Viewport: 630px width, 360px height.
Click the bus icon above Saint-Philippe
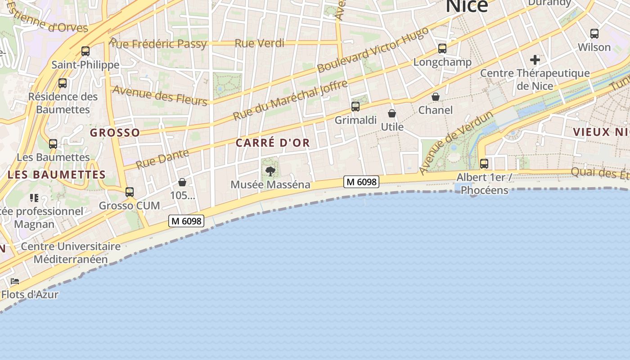tap(85, 51)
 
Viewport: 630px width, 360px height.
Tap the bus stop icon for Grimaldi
tap(355, 107)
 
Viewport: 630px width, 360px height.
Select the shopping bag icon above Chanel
tap(436, 97)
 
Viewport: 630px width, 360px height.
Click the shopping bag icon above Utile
tap(392, 113)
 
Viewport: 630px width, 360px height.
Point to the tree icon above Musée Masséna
tap(270, 171)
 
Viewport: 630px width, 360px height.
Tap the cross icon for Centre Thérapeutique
tap(535, 60)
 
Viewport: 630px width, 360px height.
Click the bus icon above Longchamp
tap(442, 49)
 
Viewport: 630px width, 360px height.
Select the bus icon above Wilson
tap(594, 34)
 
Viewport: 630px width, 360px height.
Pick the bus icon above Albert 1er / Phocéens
tap(484, 164)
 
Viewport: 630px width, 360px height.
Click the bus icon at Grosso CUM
tap(130, 192)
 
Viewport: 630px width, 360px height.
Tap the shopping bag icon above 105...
tap(182, 182)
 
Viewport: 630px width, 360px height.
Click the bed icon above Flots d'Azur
tap(15, 282)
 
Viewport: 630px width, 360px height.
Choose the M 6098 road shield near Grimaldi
tap(361, 182)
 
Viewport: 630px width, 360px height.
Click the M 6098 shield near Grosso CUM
tap(186, 221)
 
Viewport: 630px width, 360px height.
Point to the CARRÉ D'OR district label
tap(273, 143)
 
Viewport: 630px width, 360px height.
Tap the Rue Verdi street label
tap(260, 43)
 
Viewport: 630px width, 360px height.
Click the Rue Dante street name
tap(162, 158)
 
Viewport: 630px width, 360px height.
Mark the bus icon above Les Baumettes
tap(53, 144)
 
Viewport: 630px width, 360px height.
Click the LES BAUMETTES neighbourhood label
tap(57, 175)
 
